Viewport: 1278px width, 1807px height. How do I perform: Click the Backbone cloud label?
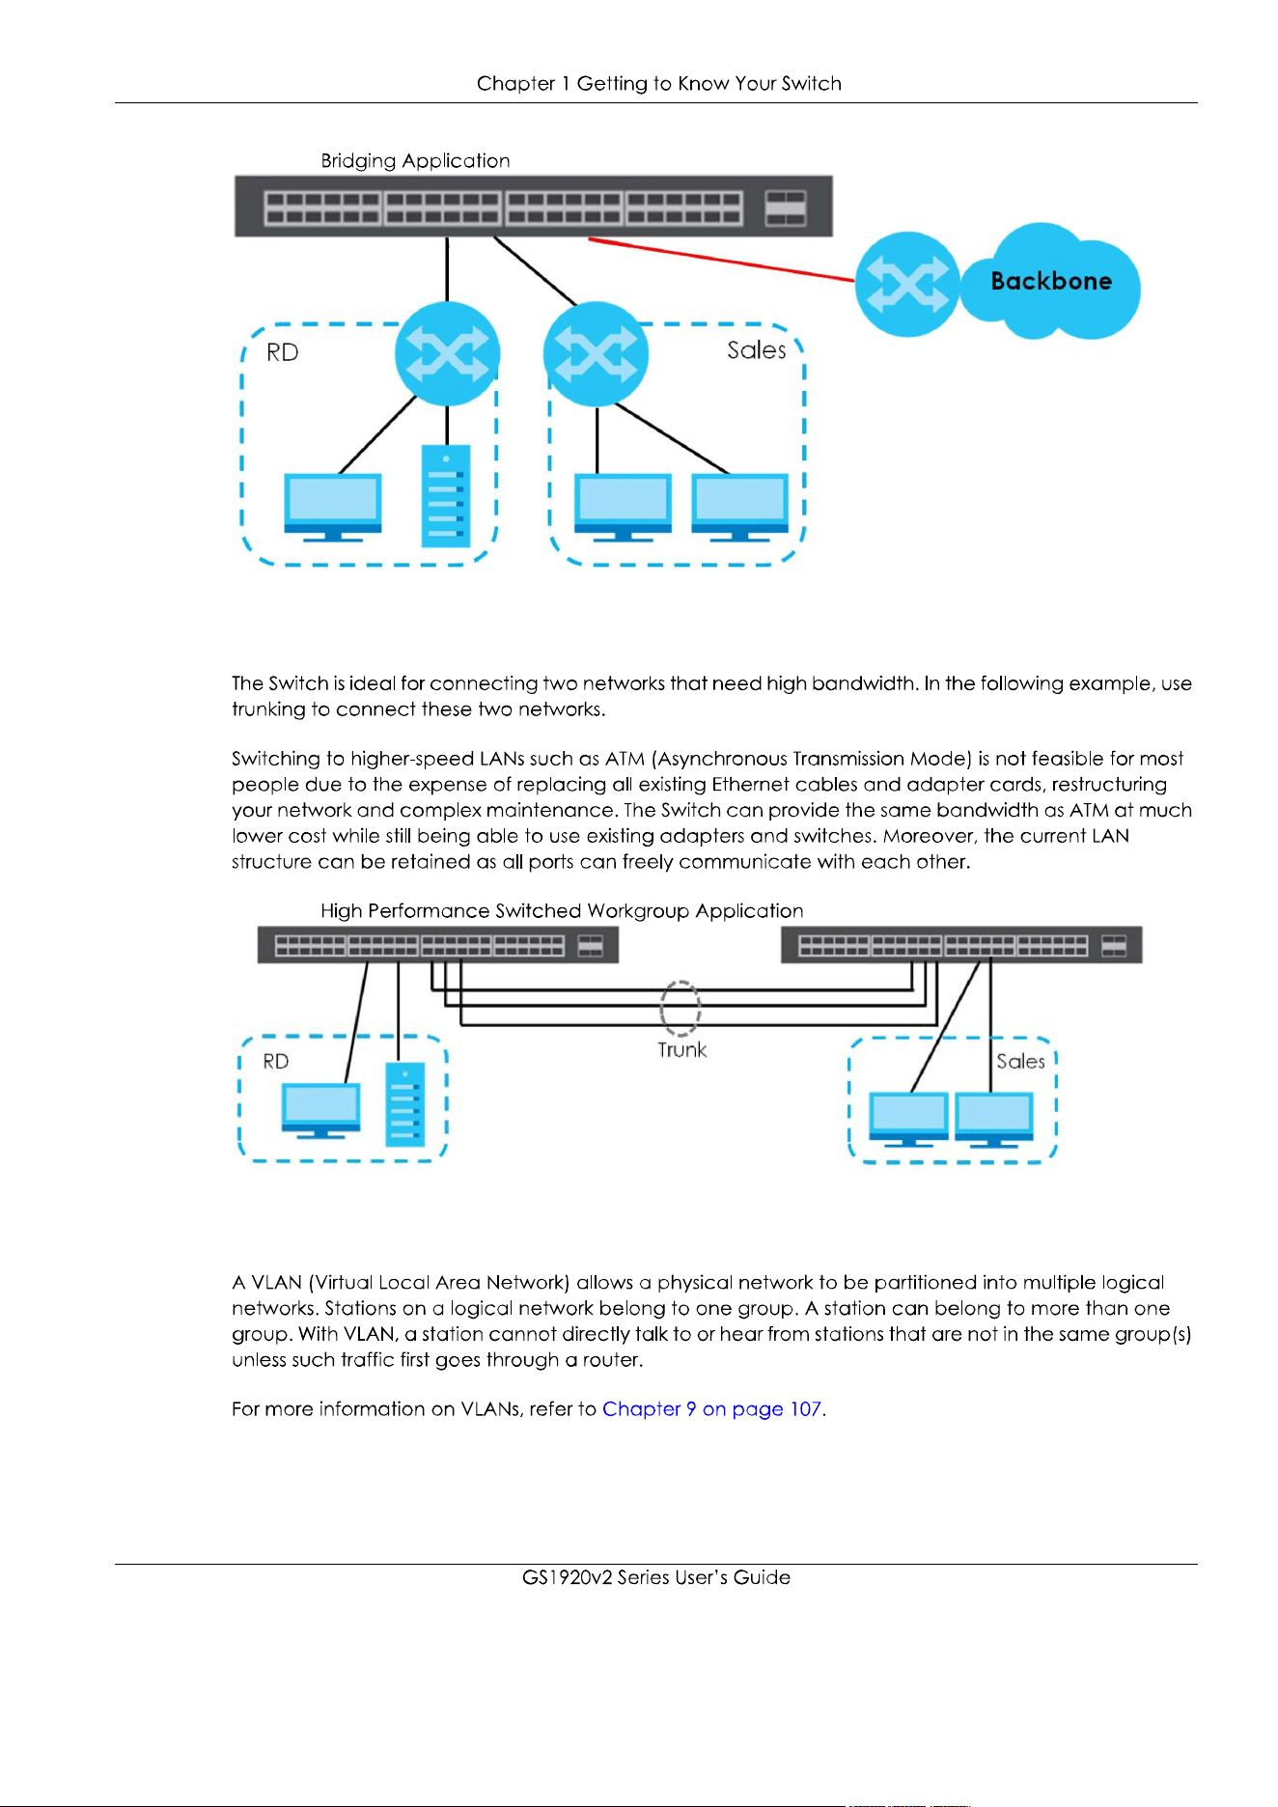[1051, 281]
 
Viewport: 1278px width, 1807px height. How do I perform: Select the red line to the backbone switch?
[722, 260]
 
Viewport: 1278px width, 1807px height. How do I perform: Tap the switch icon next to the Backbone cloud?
[907, 284]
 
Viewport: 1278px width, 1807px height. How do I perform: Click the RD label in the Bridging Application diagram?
[283, 352]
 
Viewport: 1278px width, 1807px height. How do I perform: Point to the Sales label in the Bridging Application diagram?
[757, 349]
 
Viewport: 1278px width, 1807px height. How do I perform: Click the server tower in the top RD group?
[446, 495]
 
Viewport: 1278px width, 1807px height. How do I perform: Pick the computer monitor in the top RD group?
[333, 507]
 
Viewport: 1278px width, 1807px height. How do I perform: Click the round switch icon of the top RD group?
[448, 354]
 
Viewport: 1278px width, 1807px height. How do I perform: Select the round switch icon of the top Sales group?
[596, 354]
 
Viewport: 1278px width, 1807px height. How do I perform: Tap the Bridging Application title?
[415, 161]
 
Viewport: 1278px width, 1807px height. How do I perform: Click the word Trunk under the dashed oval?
[682, 1050]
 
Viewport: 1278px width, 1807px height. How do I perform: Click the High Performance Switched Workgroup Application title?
[562, 911]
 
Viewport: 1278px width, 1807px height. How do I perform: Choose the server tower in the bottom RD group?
[405, 1104]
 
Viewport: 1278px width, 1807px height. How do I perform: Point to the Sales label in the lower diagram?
[1021, 1062]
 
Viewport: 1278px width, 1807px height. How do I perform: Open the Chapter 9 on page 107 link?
[712, 1409]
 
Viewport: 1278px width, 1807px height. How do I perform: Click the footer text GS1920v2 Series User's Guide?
[656, 1577]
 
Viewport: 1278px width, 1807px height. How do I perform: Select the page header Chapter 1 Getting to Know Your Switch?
[659, 84]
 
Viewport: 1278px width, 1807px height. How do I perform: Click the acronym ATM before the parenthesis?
[625, 759]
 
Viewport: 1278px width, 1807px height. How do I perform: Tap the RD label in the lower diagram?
[276, 1062]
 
